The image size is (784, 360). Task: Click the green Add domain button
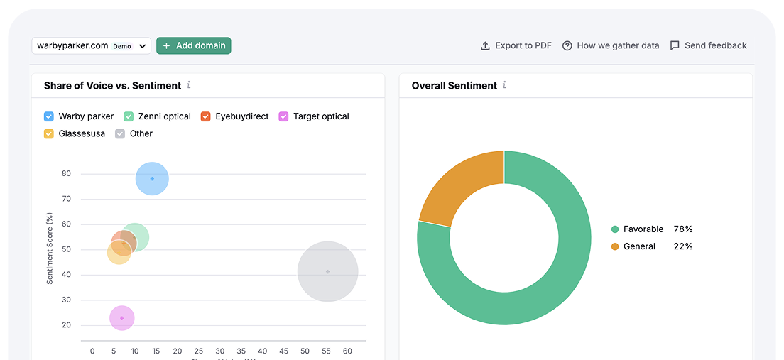(x=193, y=45)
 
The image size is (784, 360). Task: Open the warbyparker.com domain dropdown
(x=92, y=45)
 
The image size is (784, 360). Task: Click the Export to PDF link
(x=516, y=45)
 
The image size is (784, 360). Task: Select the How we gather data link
(x=611, y=45)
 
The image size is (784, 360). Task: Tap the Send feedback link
(x=709, y=45)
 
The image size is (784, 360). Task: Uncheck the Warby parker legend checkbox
(x=49, y=116)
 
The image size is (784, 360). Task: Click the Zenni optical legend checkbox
(x=129, y=116)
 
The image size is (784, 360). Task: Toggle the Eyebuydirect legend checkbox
(x=206, y=116)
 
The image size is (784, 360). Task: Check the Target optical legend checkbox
(x=283, y=116)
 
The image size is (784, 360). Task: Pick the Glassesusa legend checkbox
(x=49, y=133)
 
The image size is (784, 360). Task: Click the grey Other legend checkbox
(x=120, y=133)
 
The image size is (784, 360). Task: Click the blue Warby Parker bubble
(x=152, y=178)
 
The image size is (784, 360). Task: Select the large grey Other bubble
(x=327, y=271)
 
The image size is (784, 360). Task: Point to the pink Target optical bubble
(x=122, y=318)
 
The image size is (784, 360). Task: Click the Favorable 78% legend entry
(x=651, y=229)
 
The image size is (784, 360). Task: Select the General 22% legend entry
(x=651, y=246)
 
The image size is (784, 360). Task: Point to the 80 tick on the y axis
(x=66, y=173)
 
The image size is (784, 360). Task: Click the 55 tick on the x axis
(x=327, y=351)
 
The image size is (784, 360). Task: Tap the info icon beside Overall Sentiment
(x=505, y=85)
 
